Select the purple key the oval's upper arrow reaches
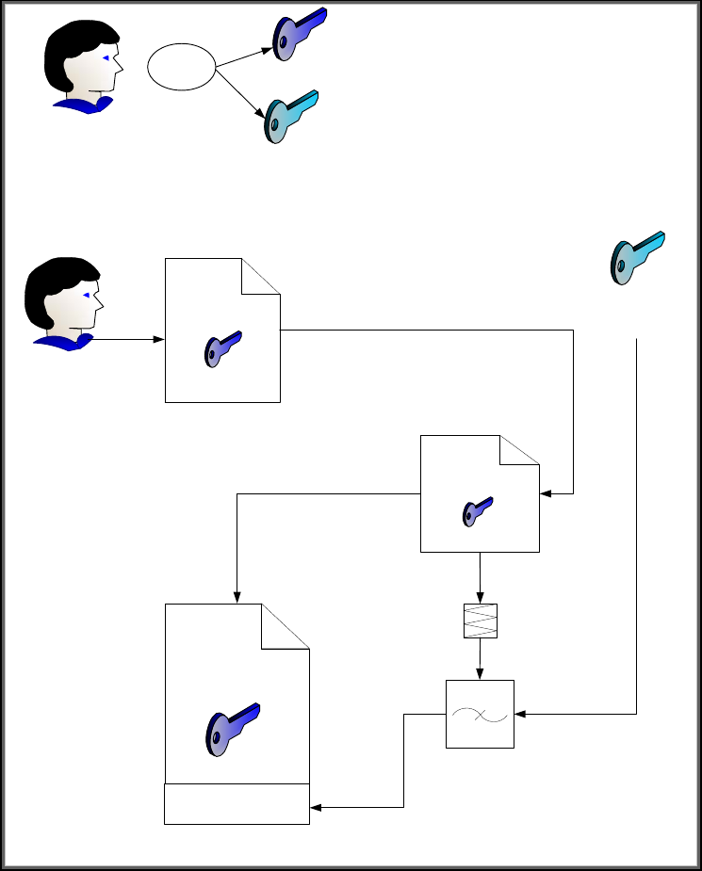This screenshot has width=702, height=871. tap(299, 33)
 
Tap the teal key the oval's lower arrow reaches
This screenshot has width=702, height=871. tap(290, 116)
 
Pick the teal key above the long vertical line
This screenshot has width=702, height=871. tap(637, 256)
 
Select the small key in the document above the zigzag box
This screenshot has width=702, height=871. tap(478, 511)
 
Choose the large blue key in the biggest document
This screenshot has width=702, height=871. tap(232, 727)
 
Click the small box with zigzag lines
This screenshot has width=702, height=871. tap(480, 621)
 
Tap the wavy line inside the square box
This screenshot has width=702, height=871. tap(480, 714)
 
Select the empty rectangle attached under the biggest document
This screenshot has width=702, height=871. tap(237, 803)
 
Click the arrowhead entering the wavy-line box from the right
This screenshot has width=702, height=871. tap(521, 715)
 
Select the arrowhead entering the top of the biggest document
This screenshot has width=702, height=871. tap(237, 597)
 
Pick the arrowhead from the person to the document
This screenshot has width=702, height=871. tap(158, 339)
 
